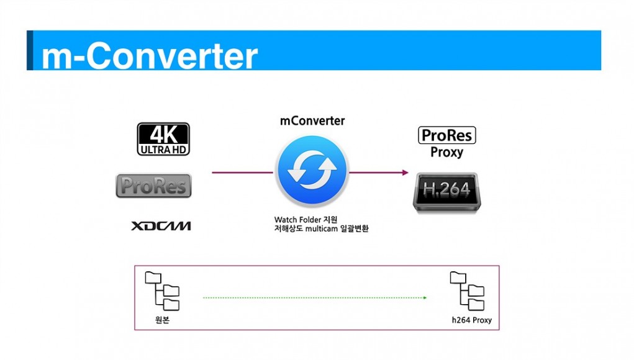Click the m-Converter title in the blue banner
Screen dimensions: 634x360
[149, 56]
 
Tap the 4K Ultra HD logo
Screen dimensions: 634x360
[163, 139]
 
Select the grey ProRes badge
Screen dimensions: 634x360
[153, 186]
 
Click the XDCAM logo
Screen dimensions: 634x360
[161, 226]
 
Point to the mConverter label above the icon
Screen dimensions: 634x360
[312, 121]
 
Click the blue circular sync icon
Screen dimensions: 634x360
[312, 171]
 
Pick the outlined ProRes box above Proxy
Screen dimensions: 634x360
[447, 135]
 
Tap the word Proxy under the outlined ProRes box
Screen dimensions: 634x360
[447, 152]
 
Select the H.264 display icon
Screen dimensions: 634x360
[447, 192]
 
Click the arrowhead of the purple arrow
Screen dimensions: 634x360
[405, 173]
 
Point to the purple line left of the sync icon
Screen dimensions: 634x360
[243, 173]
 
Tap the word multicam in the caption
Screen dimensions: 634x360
[322, 228]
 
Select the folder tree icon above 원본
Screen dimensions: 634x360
[162, 291]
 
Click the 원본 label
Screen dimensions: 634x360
[162, 320]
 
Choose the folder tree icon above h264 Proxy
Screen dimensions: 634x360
[467, 291]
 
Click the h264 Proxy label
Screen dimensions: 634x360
[472, 320]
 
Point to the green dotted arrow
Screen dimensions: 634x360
[315, 298]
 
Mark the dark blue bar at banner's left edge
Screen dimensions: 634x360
[30, 50]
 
